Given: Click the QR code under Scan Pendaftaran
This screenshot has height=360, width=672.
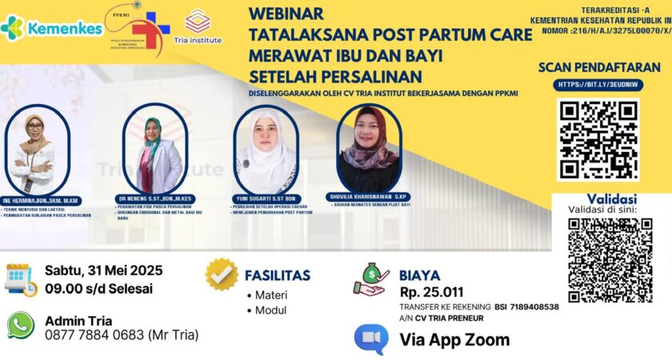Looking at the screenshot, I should pos(598,138).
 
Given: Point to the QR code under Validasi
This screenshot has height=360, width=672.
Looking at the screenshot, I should pos(610,260).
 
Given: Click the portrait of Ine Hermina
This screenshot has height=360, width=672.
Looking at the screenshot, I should pos(33,147).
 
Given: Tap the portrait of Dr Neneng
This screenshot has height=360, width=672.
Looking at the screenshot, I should pos(154,148).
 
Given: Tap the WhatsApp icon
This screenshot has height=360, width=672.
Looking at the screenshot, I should pos(20,326).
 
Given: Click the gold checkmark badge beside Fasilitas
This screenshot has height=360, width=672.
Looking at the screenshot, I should pos(222,274).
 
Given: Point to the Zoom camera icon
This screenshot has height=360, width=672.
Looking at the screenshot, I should pos(371,339).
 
